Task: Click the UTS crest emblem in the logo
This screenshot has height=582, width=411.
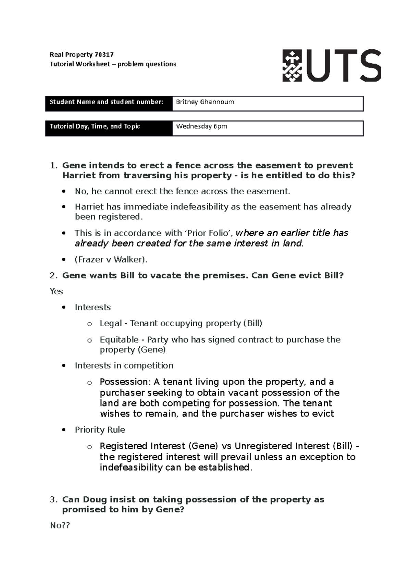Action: tap(292, 65)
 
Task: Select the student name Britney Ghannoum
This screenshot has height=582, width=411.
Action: tap(205, 102)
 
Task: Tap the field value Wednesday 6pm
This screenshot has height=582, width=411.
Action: tap(201, 126)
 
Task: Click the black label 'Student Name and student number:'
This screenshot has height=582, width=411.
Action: tap(106, 102)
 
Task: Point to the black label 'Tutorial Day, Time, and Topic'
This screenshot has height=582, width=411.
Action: tap(95, 126)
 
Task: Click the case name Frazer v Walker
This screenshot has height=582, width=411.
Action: tap(110, 259)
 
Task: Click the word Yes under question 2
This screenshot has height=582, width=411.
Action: tap(56, 291)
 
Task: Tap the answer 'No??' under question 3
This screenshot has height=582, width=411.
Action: tap(60, 525)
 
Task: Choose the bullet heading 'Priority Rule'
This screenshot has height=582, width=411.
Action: tap(100, 430)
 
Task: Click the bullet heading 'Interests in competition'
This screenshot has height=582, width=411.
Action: tap(124, 365)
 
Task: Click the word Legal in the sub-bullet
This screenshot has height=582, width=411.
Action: tap(111, 323)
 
